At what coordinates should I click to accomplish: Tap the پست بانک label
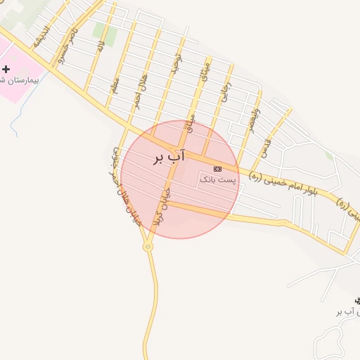[219, 179]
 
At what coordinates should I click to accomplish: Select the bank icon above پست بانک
[217, 169]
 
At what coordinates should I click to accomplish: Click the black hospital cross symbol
[6, 69]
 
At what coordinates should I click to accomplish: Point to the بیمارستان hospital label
[18, 80]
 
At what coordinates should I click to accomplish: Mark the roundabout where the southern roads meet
[148, 246]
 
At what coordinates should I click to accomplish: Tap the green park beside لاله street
[105, 32]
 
